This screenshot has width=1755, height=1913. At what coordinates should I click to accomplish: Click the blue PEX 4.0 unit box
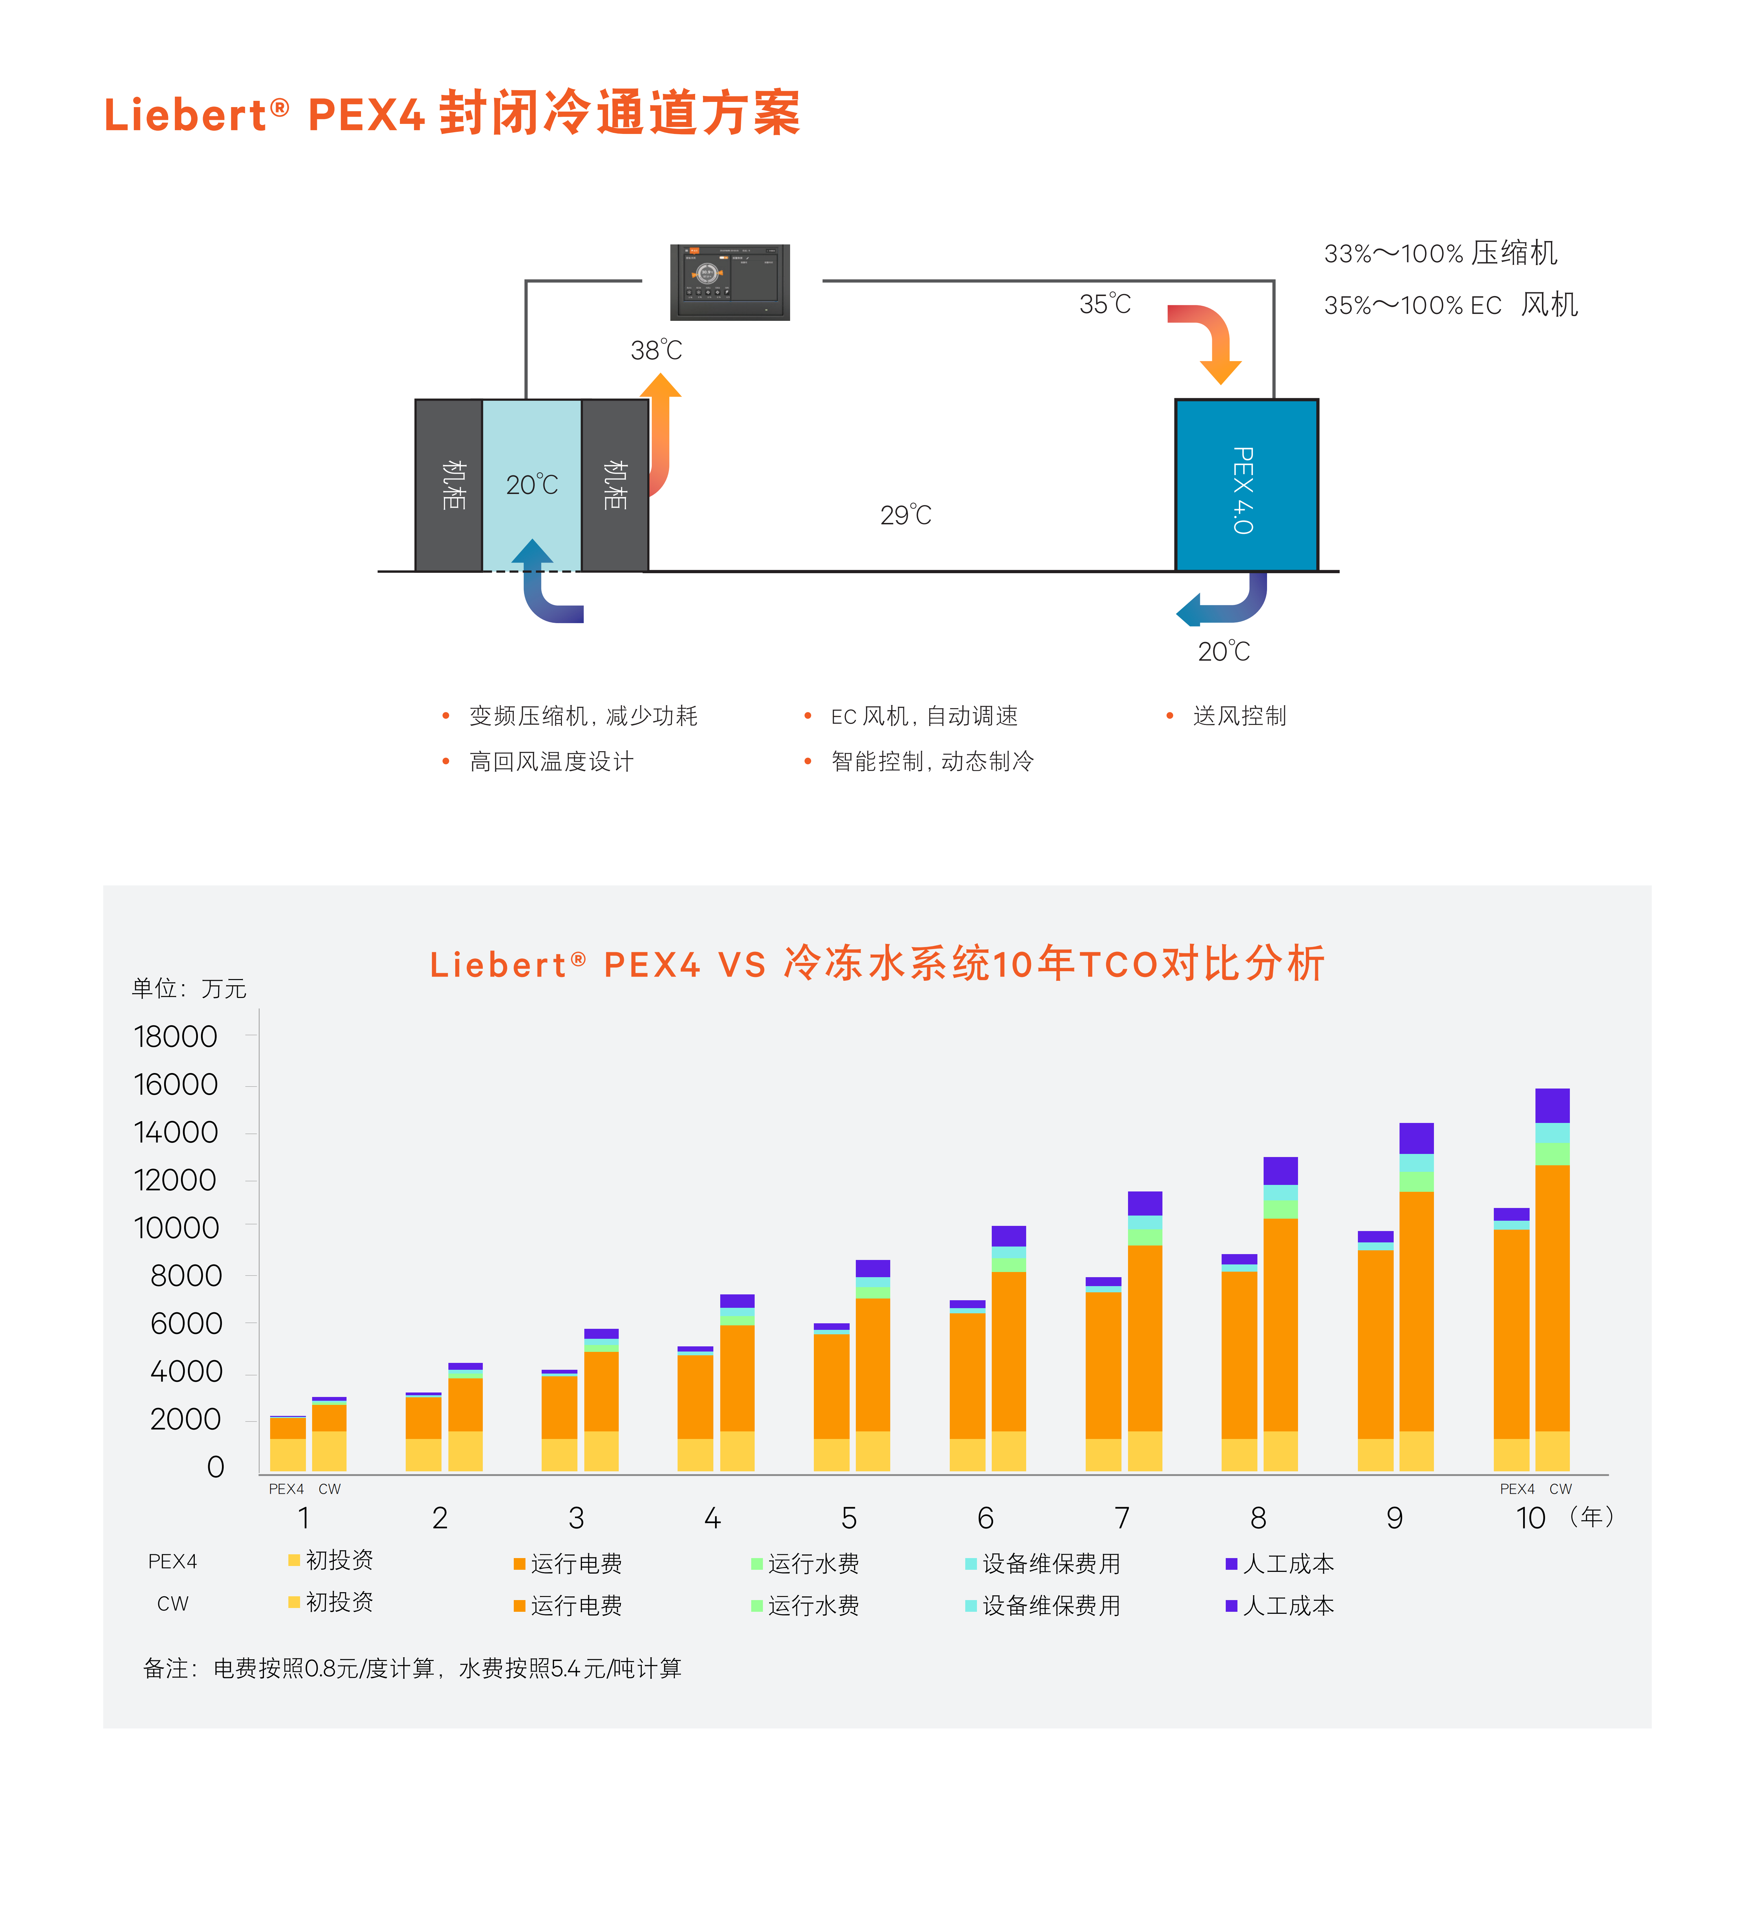click(x=1246, y=485)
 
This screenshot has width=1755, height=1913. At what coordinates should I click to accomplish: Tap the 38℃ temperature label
click(x=656, y=350)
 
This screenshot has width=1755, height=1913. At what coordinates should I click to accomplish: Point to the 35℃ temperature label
click(x=1105, y=304)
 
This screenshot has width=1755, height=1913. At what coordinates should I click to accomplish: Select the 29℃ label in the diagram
click(x=905, y=515)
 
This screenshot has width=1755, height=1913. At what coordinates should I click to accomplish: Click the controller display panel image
click(x=729, y=282)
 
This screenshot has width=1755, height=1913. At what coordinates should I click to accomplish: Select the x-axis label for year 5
click(x=849, y=1518)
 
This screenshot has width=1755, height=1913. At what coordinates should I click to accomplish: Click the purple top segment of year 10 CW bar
click(x=1552, y=1106)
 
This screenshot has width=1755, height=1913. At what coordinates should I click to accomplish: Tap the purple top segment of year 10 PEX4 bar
click(x=1511, y=1214)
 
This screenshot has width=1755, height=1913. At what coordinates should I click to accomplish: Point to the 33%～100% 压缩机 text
click(x=1440, y=254)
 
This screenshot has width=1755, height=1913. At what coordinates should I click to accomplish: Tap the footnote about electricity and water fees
click(x=412, y=1669)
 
